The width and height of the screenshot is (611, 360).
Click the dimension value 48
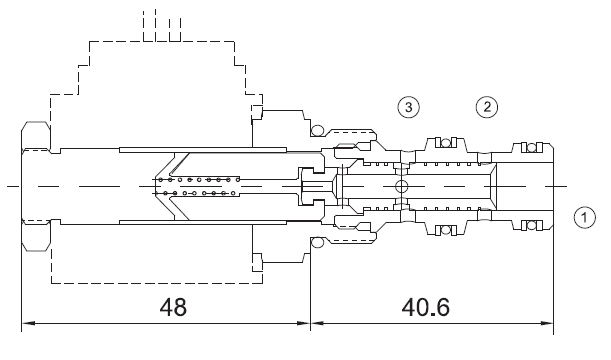pos(173,307)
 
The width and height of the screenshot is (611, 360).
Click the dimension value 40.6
pos(426,307)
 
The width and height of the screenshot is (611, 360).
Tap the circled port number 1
pos(585,217)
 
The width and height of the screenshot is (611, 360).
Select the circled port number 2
pos(487,107)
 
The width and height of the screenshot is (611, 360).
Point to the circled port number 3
pos(409,107)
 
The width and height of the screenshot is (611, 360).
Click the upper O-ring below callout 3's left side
pos(318,130)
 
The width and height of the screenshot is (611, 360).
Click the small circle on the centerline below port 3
pos(401,186)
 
